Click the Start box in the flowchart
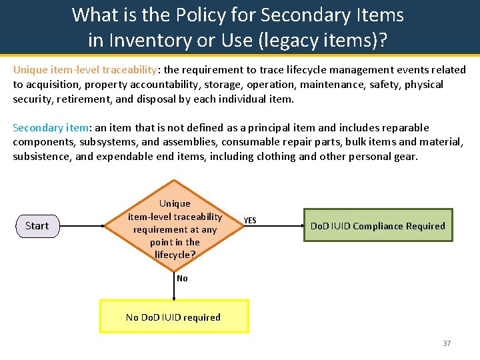(x=37, y=226)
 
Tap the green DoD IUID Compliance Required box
(x=377, y=226)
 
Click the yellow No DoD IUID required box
(x=173, y=317)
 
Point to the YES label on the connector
(x=250, y=221)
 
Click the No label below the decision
(x=182, y=279)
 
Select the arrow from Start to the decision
(x=83, y=226)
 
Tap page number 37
(x=447, y=343)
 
